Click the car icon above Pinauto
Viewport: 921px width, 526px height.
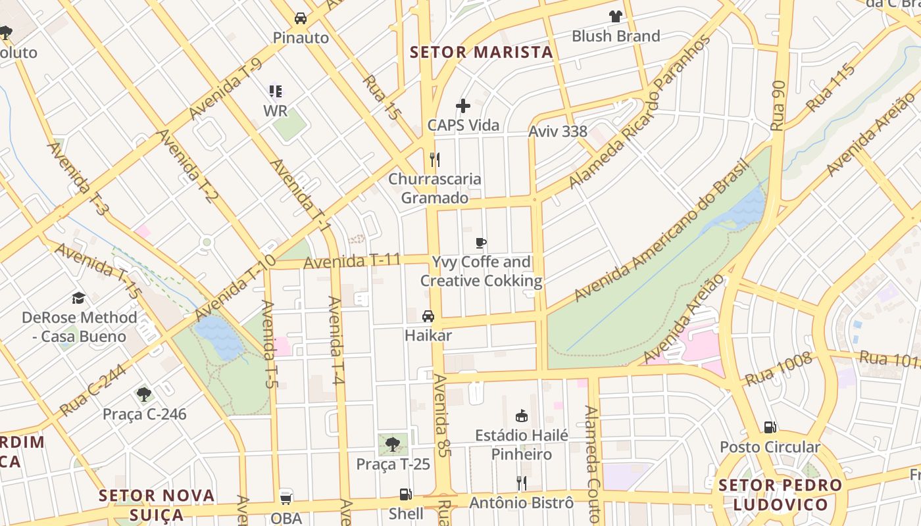pyautogui.click(x=301, y=18)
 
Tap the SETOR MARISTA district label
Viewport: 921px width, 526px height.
pyautogui.click(x=482, y=53)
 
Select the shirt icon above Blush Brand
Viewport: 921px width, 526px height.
pyautogui.click(x=615, y=16)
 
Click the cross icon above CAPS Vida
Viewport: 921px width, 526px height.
pyautogui.click(x=463, y=106)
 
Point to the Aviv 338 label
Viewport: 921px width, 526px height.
pyautogui.click(x=558, y=131)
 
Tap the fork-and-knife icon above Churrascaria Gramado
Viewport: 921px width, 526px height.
pyautogui.click(x=434, y=159)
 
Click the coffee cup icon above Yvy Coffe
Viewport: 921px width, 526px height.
pyautogui.click(x=481, y=243)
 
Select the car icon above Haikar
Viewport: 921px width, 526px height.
pyautogui.click(x=428, y=316)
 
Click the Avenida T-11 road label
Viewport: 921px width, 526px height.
pyautogui.click(x=352, y=261)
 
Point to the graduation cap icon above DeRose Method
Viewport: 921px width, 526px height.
pyautogui.click(x=79, y=298)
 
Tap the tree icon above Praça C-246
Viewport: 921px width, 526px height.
pyautogui.click(x=144, y=394)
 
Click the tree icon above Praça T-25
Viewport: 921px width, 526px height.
pyautogui.click(x=393, y=444)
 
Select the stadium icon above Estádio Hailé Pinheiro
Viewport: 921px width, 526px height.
pyautogui.click(x=522, y=416)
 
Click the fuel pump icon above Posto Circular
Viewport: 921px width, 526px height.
pyautogui.click(x=770, y=427)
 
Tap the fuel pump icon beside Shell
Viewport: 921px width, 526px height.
pyautogui.click(x=406, y=494)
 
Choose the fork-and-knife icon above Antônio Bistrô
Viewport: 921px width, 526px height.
pyautogui.click(x=521, y=483)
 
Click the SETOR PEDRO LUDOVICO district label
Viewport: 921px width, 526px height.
pyautogui.click(x=780, y=495)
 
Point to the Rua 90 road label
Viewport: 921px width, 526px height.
pyautogui.click(x=778, y=105)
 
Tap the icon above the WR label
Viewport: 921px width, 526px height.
pyautogui.click(x=276, y=91)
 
